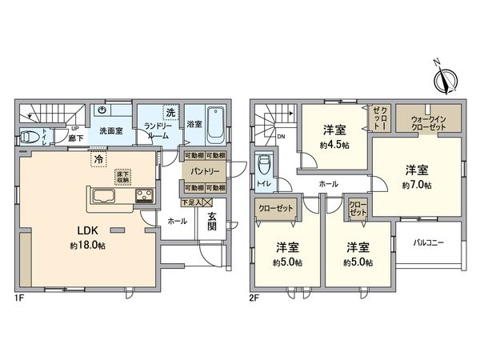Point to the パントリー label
point(204,171)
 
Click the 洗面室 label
point(110,130)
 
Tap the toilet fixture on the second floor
point(265,166)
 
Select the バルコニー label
point(429,242)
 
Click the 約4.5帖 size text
point(335,146)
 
